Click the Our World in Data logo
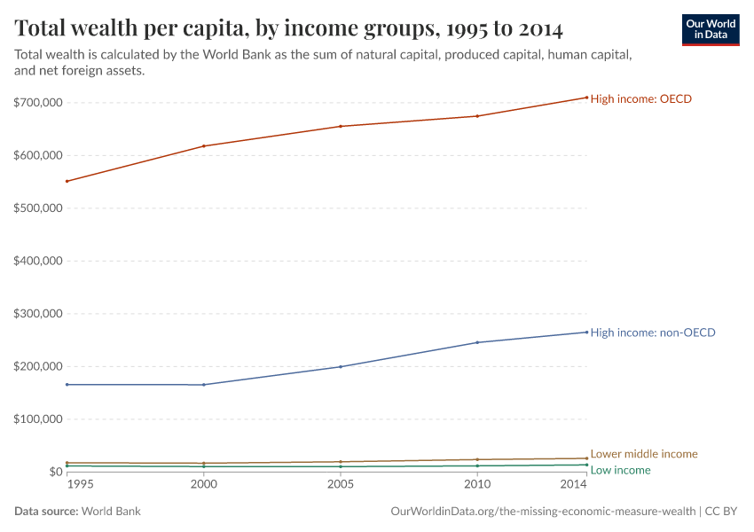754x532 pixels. click(710, 29)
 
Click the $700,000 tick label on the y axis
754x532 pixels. click(38, 103)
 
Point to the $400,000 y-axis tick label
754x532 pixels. click(38, 261)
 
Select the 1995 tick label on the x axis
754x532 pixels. click(79, 485)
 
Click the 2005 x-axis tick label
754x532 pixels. click(341, 485)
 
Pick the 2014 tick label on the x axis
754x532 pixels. click(574, 485)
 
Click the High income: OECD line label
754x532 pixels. click(640, 99)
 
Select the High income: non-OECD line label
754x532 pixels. click(652, 332)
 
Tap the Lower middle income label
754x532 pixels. click(643, 454)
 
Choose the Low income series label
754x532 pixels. click(620, 470)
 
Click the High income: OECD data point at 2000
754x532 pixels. click(204, 146)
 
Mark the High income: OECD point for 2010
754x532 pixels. click(477, 116)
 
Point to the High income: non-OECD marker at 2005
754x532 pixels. click(341, 366)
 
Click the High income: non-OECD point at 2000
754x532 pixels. click(204, 385)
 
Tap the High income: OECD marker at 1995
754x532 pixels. click(67, 181)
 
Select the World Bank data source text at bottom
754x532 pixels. click(111, 512)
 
